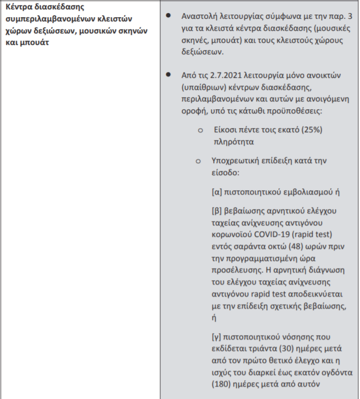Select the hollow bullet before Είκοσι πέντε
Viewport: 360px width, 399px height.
200,131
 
